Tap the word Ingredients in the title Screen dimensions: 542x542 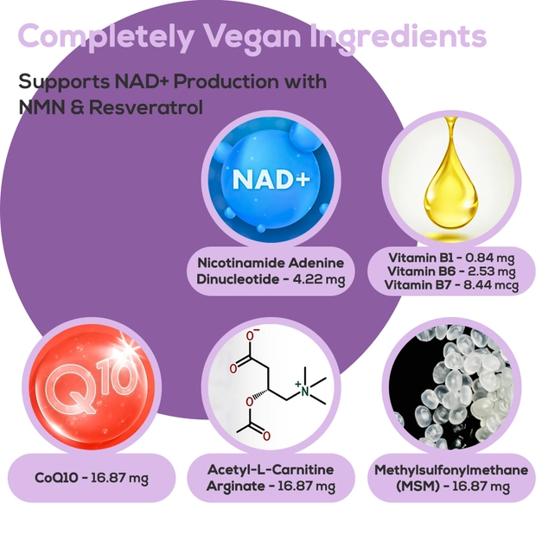coord(399,36)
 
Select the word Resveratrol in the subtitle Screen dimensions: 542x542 coord(146,107)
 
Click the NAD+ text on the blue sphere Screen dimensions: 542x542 coord(271,179)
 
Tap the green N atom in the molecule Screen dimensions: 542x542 coord(304,391)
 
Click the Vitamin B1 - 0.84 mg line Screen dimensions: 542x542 coord(451,258)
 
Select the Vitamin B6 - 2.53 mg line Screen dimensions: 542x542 coord(451,271)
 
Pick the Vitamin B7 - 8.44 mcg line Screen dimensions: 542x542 coord(451,285)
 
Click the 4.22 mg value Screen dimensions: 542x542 coord(319,279)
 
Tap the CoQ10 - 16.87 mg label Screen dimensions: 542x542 coord(92,478)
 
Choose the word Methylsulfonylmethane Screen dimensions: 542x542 coord(451,470)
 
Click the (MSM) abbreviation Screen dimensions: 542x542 coord(418,487)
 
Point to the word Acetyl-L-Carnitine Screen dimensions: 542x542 coord(271,469)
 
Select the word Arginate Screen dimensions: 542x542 coord(236,487)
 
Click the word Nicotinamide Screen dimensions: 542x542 coord(242,263)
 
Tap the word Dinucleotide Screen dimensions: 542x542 coord(239,279)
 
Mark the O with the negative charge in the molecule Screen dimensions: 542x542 coord(251,335)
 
